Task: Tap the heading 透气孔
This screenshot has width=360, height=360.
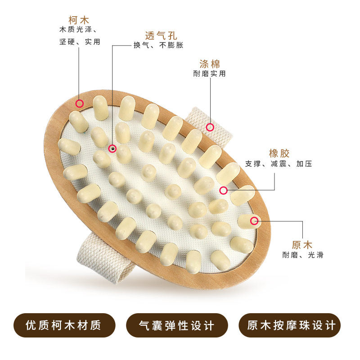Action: click(x=159, y=35)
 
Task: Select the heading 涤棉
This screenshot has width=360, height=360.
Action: click(x=210, y=63)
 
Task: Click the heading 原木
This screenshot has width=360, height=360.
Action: click(x=302, y=245)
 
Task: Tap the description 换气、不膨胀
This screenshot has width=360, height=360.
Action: click(x=158, y=45)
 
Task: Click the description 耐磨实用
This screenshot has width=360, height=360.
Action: click(x=210, y=73)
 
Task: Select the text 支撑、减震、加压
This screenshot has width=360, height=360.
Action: click(x=279, y=163)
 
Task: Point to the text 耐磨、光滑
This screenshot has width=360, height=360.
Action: click(x=302, y=255)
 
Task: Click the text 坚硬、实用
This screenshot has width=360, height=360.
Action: click(x=80, y=41)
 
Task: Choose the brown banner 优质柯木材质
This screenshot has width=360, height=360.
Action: click(x=64, y=325)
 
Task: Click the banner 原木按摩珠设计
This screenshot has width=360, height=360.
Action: click(x=292, y=325)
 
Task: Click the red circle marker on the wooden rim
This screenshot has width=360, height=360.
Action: click(x=80, y=103)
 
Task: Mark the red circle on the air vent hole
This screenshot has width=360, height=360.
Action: click(x=112, y=148)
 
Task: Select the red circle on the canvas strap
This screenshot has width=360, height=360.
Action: click(x=210, y=127)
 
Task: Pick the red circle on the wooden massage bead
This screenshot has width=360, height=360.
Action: click(x=254, y=220)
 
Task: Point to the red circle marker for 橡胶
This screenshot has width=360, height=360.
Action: click(x=223, y=190)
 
